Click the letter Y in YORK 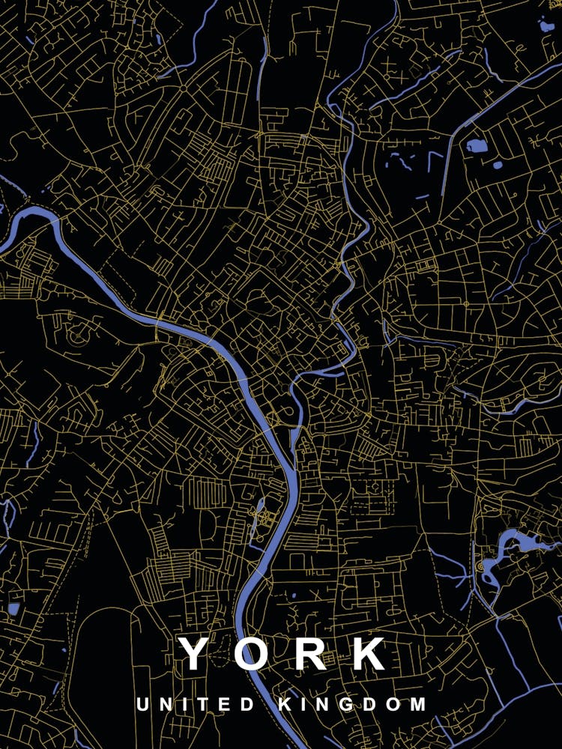(x=194, y=653)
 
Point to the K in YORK (x=367, y=653)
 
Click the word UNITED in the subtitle (x=196, y=705)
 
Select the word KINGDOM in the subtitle (x=353, y=705)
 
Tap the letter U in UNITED (x=142, y=705)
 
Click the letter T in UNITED (x=206, y=705)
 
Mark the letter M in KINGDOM (x=417, y=705)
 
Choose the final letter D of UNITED (x=249, y=705)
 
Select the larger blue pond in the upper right (x=477, y=145)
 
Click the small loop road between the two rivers (x=287, y=411)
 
